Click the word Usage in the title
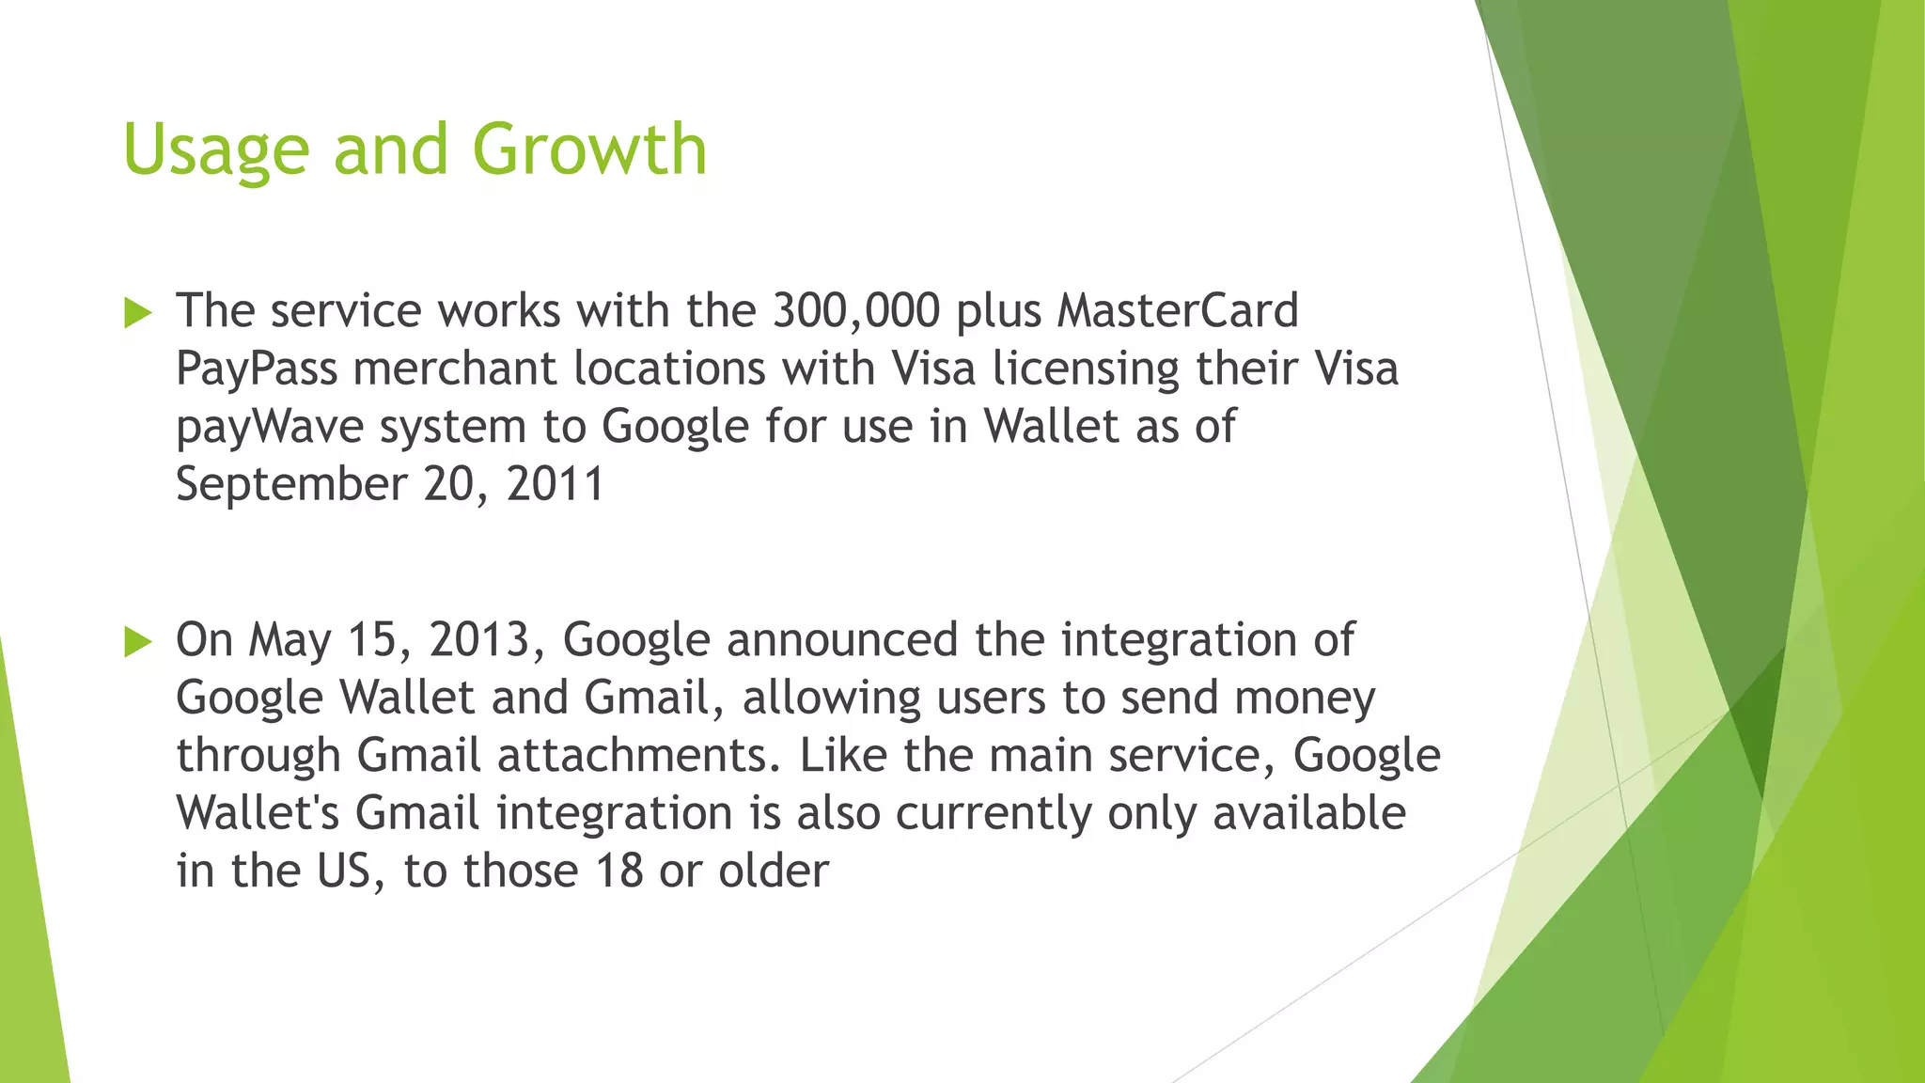click(x=215, y=150)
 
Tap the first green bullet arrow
click(x=137, y=313)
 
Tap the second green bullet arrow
click(x=137, y=642)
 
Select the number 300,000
click(x=855, y=310)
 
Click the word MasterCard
click(x=1177, y=310)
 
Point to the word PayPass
click(x=256, y=369)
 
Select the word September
click(x=290, y=485)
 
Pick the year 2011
click(x=555, y=484)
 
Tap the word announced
click(x=841, y=640)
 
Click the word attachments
click(x=637, y=756)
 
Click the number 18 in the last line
click(x=618, y=871)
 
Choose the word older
click(x=774, y=871)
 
